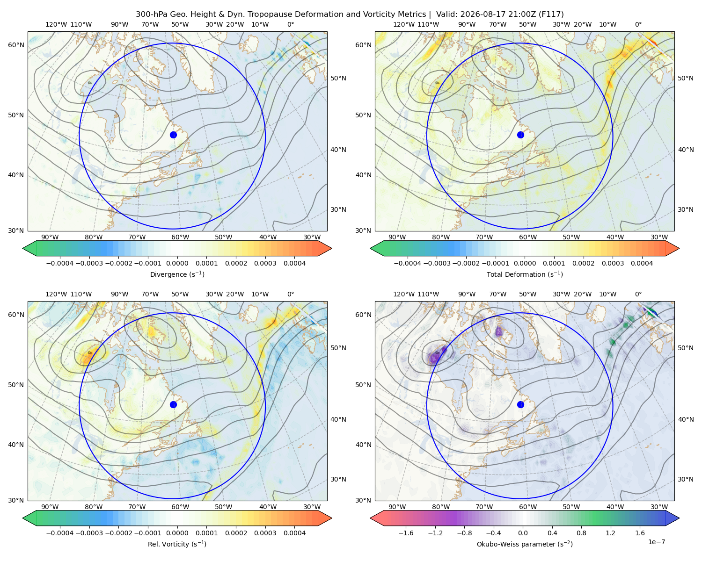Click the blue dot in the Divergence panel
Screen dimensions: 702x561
pos(173,135)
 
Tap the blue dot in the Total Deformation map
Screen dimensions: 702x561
pos(520,135)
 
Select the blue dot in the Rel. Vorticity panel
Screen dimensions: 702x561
pos(173,404)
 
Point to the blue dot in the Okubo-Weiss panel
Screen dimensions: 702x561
pos(520,404)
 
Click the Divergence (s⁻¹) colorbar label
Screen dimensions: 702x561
pos(177,274)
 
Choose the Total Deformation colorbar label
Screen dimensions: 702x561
pos(525,274)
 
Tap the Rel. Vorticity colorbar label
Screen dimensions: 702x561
pos(177,544)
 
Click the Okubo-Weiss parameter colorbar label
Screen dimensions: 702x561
pos(525,544)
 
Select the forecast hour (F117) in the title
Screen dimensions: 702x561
pos(551,14)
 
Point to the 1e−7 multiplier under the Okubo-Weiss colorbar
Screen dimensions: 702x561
pos(656,542)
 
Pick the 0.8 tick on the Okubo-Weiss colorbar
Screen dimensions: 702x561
pos(581,532)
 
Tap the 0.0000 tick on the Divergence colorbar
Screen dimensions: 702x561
pos(177,263)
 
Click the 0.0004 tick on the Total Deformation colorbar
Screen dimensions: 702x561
pos(642,263)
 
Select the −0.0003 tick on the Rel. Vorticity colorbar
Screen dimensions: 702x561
pos(89,532)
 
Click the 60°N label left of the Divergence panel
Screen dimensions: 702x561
pos(16,45)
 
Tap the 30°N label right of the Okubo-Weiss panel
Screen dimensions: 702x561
pos(685,479)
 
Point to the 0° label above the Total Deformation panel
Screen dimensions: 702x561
pos(638,24)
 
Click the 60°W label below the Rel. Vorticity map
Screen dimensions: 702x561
pos(180,507)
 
